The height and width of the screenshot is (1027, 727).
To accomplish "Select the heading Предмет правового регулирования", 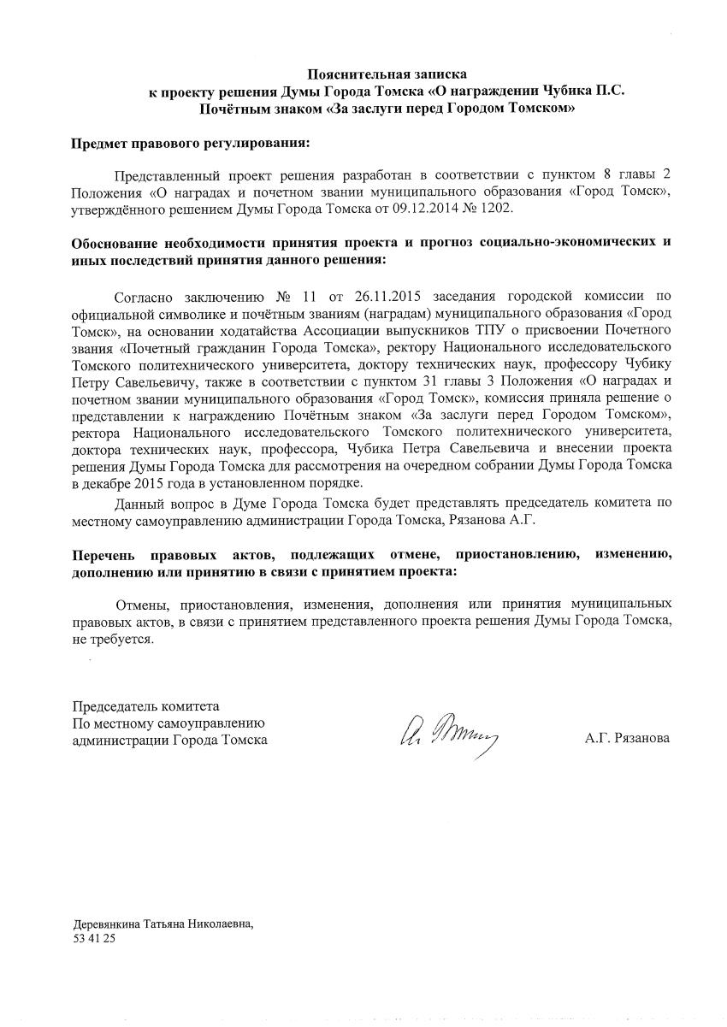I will [x=191, y=144].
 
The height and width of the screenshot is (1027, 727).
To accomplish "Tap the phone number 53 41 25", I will [x=94, y=938].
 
